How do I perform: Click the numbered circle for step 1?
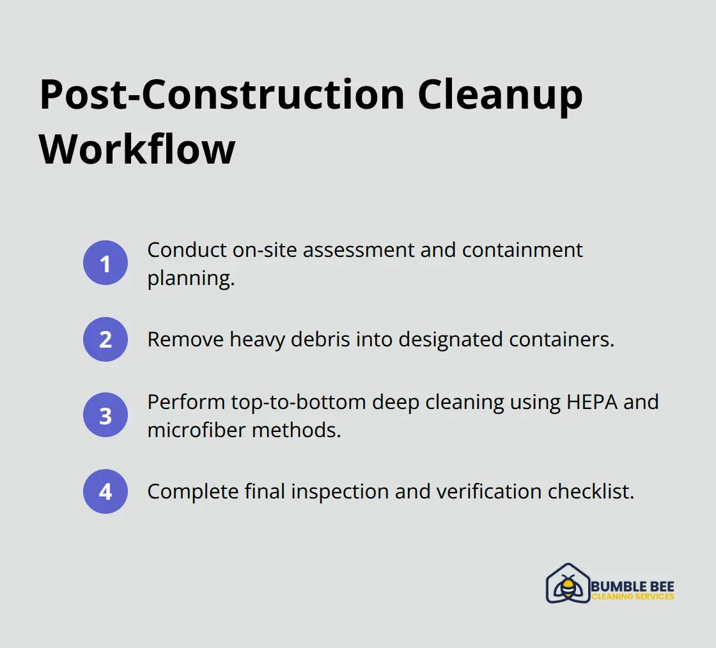point(105,263)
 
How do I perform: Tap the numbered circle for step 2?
point(105,339)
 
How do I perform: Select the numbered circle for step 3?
point(105,415)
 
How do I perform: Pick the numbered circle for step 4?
point(105,491)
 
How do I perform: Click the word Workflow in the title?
point(137,150)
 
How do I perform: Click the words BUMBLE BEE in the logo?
point(633,586)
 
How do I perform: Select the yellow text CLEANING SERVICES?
point(633,597)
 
